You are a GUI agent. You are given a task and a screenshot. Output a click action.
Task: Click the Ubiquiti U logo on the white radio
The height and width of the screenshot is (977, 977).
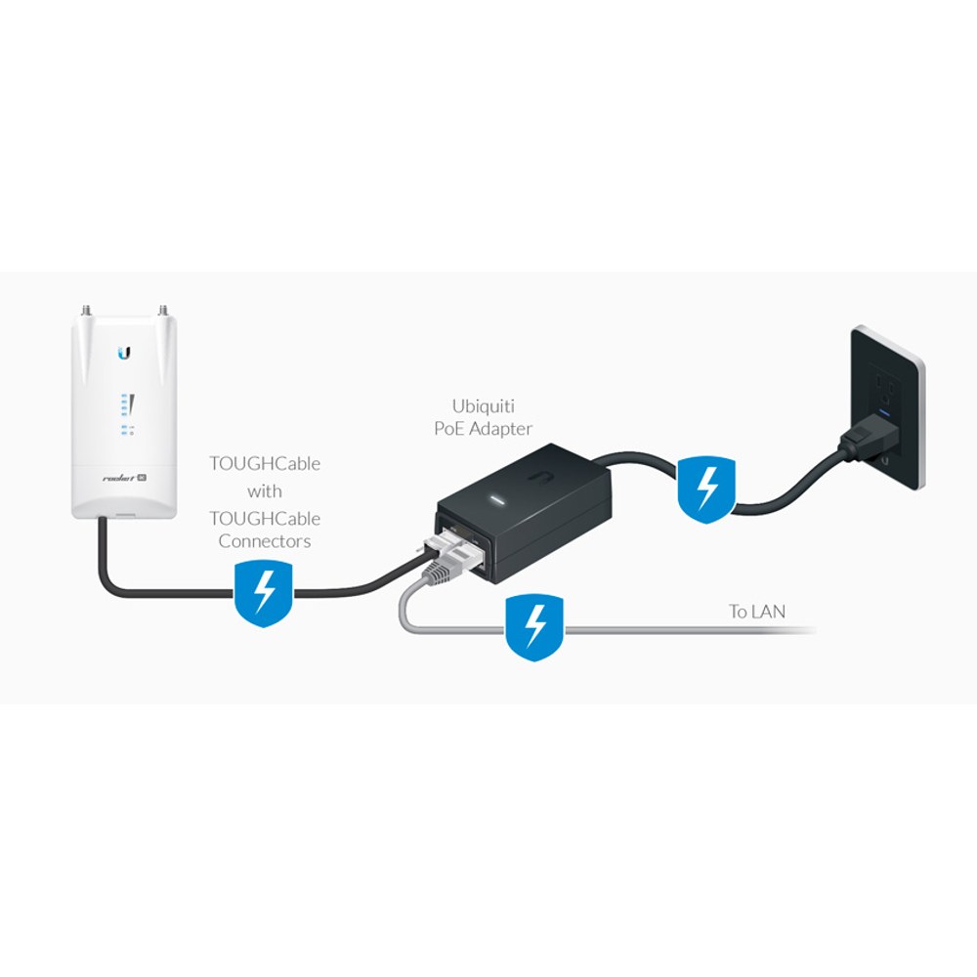point(125,352)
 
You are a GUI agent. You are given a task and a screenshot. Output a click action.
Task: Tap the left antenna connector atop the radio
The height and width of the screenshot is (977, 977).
point(84,309)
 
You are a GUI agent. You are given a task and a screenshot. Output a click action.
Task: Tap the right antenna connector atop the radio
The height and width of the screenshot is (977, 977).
point(164,309)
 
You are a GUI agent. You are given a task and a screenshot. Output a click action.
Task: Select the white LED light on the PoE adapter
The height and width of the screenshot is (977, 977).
point(498,499)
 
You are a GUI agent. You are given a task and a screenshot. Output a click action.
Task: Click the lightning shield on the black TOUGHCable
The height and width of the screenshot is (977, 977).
point(264,593)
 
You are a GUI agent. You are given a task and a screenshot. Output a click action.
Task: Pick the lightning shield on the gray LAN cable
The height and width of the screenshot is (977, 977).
point(534,627)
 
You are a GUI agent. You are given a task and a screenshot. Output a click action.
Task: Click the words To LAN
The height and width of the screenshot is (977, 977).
point(757,612)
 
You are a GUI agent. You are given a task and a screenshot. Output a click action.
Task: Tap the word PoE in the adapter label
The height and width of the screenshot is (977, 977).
point(448,429)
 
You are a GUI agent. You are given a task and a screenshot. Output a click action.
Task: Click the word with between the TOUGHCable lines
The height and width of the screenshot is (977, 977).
point(264,491)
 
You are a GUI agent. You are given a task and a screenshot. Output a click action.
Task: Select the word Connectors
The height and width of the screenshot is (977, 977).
point(264,541)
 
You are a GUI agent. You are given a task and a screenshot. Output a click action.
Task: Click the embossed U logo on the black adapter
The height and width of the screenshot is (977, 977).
point(541,476)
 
